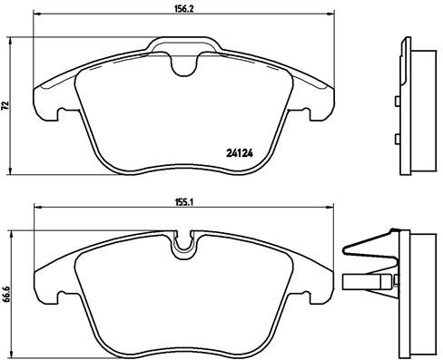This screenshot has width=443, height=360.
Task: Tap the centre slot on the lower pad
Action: tap(190, 243)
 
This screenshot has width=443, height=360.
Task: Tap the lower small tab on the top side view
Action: tap(399, 138)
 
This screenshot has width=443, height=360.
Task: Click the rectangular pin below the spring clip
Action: tap(367, 281)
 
